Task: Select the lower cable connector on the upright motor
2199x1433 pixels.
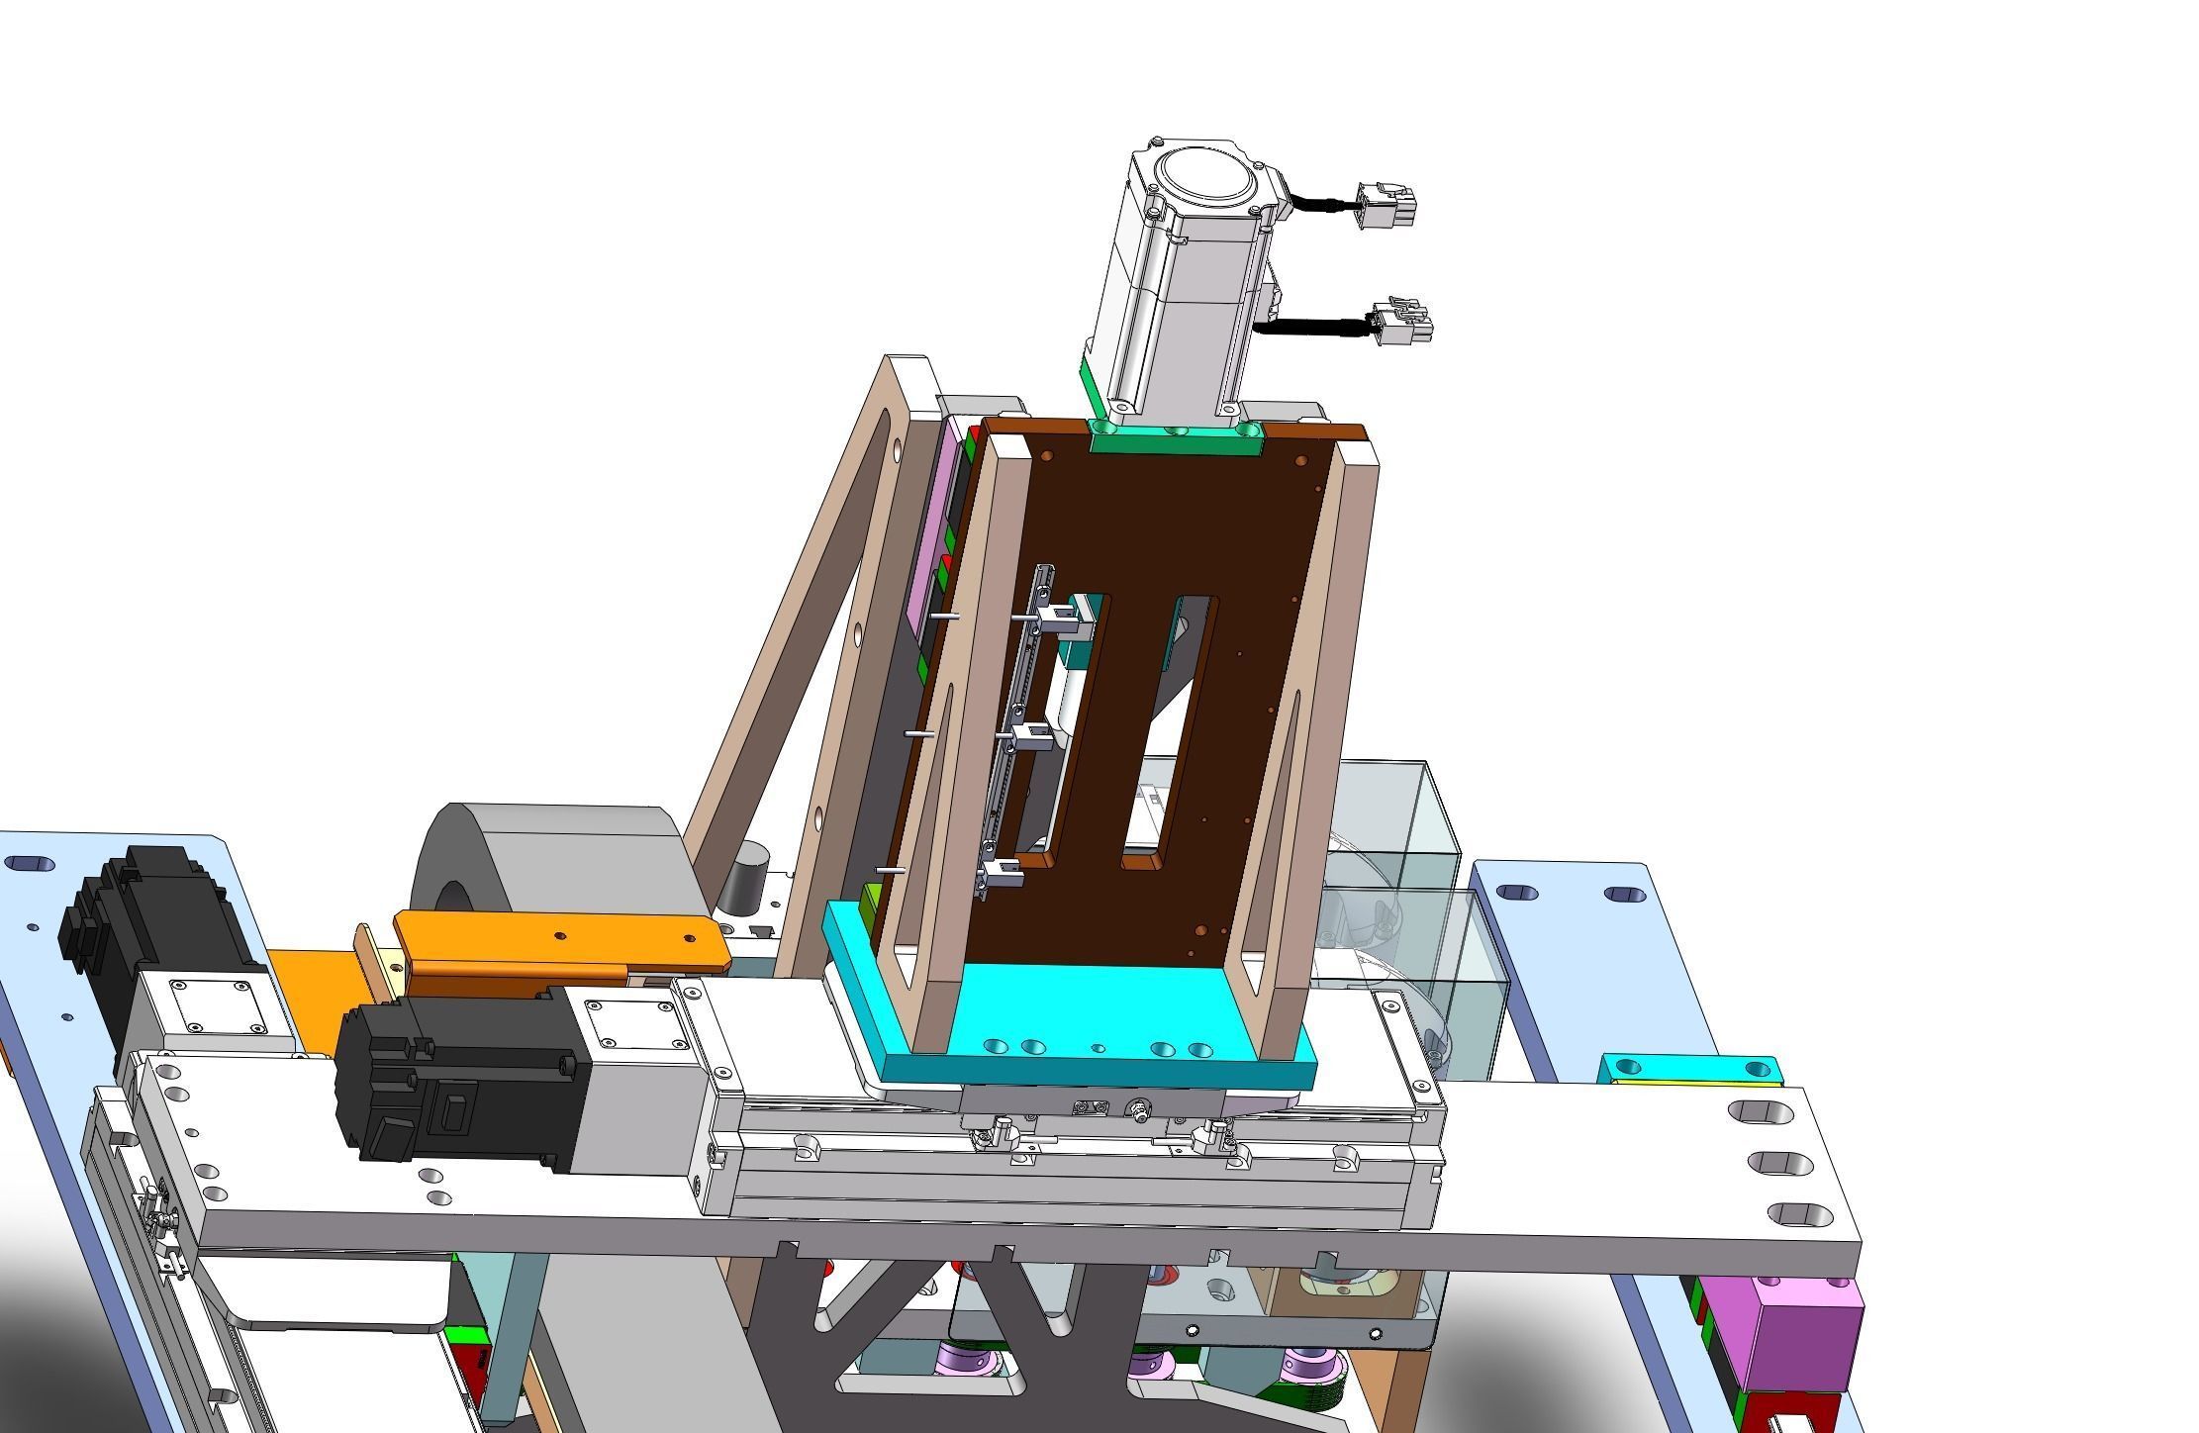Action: tap(1405, 321)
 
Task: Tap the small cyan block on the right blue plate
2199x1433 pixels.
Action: tap(1690, 1070)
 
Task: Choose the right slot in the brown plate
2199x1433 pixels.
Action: tap(1173, 727)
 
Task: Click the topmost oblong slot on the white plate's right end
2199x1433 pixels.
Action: tap(1761, 1111)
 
